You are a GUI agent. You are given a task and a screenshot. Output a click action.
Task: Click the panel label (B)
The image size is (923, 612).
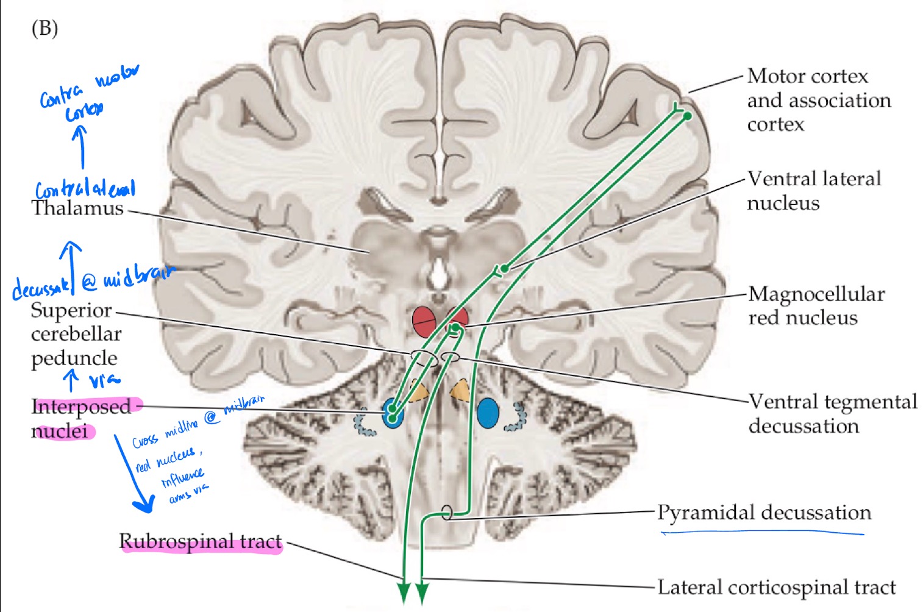45,28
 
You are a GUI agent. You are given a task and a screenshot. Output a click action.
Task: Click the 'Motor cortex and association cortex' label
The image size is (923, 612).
818,100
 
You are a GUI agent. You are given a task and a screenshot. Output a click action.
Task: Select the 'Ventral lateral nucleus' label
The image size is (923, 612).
813,190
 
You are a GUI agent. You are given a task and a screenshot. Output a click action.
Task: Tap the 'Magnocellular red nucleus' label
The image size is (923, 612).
816,305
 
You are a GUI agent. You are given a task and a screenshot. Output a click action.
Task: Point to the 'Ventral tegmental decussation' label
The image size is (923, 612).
832,413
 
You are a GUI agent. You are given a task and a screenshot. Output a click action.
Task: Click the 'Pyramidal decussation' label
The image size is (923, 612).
764,513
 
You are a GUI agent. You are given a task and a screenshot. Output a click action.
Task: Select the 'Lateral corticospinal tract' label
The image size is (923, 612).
776,587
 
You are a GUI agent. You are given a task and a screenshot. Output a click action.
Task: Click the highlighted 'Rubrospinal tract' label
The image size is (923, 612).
201,541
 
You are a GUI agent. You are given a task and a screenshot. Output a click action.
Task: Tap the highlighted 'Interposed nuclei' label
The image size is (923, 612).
80,418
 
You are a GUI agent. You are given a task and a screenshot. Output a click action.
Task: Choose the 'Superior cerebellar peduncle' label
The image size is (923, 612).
76,334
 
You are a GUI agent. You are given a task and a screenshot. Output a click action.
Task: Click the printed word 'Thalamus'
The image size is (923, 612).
77,208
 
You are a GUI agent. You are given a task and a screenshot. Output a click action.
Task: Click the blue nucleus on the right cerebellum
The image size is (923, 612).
488,413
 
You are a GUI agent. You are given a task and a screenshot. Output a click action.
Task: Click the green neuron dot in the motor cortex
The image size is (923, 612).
688,116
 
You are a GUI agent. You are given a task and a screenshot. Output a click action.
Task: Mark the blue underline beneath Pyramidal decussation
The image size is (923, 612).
762,533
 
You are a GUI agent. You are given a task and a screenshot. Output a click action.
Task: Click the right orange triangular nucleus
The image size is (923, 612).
461,390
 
